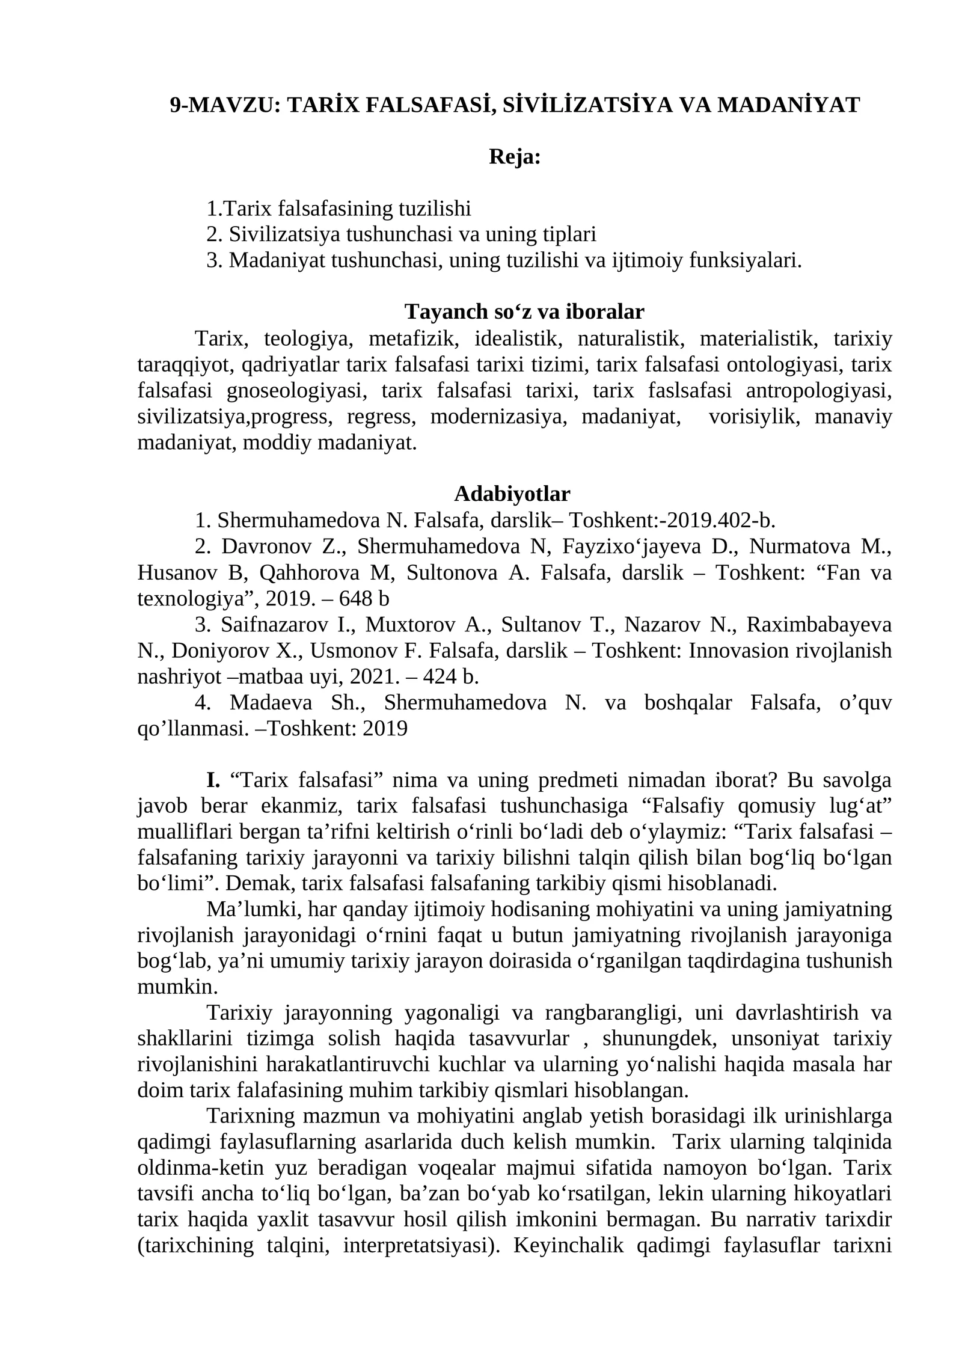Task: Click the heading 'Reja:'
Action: point(515,157)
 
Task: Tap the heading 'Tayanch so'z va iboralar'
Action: point(524,311)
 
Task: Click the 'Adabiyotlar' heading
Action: point(512,494)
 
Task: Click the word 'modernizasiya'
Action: point(498,417)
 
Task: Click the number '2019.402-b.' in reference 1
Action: point(721,519)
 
